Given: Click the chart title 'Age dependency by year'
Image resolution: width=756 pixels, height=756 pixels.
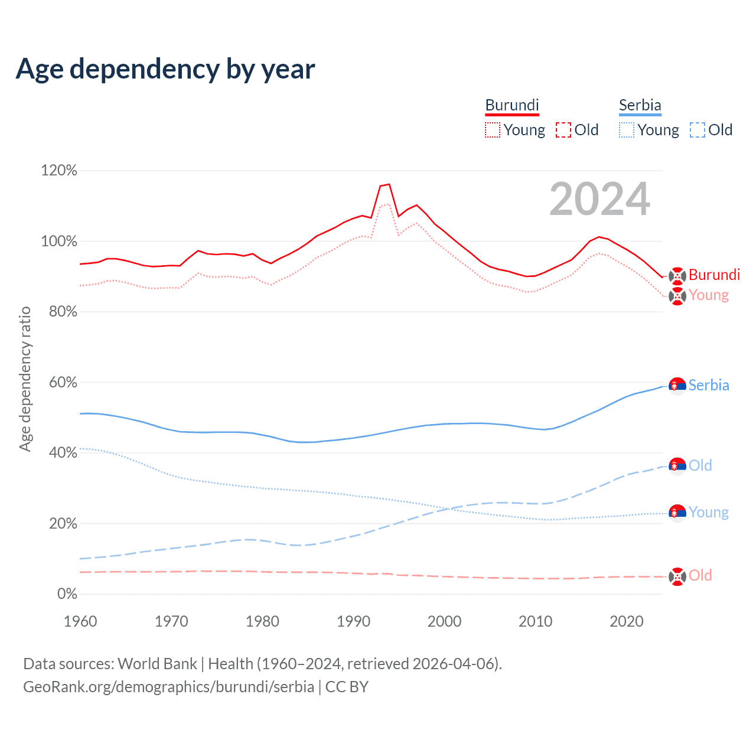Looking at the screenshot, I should coord(165,69).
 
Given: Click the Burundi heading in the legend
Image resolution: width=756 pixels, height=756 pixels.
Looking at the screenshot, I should coord(512,105).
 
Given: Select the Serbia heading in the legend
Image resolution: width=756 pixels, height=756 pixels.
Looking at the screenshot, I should coord(640,105).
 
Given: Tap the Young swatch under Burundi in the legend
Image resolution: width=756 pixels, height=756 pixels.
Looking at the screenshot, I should coord(493,130).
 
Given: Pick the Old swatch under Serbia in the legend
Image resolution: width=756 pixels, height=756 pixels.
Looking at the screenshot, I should coord(698,130).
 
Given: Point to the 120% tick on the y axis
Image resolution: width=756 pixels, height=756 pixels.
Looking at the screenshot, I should coord(58,171).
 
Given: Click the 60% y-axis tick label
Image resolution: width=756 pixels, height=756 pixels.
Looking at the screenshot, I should coord(63,383).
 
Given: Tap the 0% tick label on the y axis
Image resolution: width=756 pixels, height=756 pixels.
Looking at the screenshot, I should coord(67,594).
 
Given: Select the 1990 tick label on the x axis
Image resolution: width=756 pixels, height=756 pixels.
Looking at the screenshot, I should coord(353,621).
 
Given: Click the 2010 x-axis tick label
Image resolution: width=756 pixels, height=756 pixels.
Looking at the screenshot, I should coord(535,621).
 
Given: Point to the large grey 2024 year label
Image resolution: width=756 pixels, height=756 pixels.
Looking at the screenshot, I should coord(599,200).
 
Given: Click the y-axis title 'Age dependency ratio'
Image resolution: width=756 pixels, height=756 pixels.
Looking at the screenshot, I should coord(25,379).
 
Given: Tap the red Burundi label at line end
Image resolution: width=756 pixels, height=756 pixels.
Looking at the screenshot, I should coord(714,275).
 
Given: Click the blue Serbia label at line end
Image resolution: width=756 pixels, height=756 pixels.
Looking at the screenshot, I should coord(709,386).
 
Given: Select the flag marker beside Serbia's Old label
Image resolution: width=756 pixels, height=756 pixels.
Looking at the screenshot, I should coord(677,466).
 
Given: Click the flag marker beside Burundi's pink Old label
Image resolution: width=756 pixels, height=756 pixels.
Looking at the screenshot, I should coord(677,576).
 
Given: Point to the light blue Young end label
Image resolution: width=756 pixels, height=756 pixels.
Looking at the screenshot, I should coord(708,512).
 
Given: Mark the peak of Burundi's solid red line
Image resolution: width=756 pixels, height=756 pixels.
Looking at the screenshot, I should coord(389,184).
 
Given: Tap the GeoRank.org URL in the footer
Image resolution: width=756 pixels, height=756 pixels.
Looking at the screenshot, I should coord(168,687).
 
